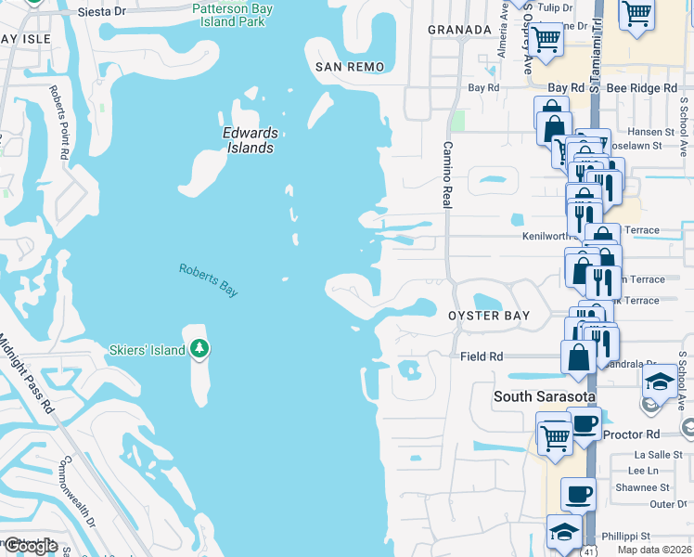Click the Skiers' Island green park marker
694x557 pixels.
pyautogui.click(x=199, y=349)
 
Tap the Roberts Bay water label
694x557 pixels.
pyautogui.click(x=209, y=279)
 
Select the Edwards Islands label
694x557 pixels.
pyautogui.click(x=250, y=140)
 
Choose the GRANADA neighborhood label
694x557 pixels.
pyautogui.click(x=459, y=30)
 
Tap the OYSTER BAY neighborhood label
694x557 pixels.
pyautogui.click(x=489, y=316)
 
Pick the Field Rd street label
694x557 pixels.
pyautogui.click(x=482, y=356)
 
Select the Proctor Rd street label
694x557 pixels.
pyautogui.click(x=631, y=434)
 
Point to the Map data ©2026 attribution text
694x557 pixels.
pyautogui.click(x=655, y=550)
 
